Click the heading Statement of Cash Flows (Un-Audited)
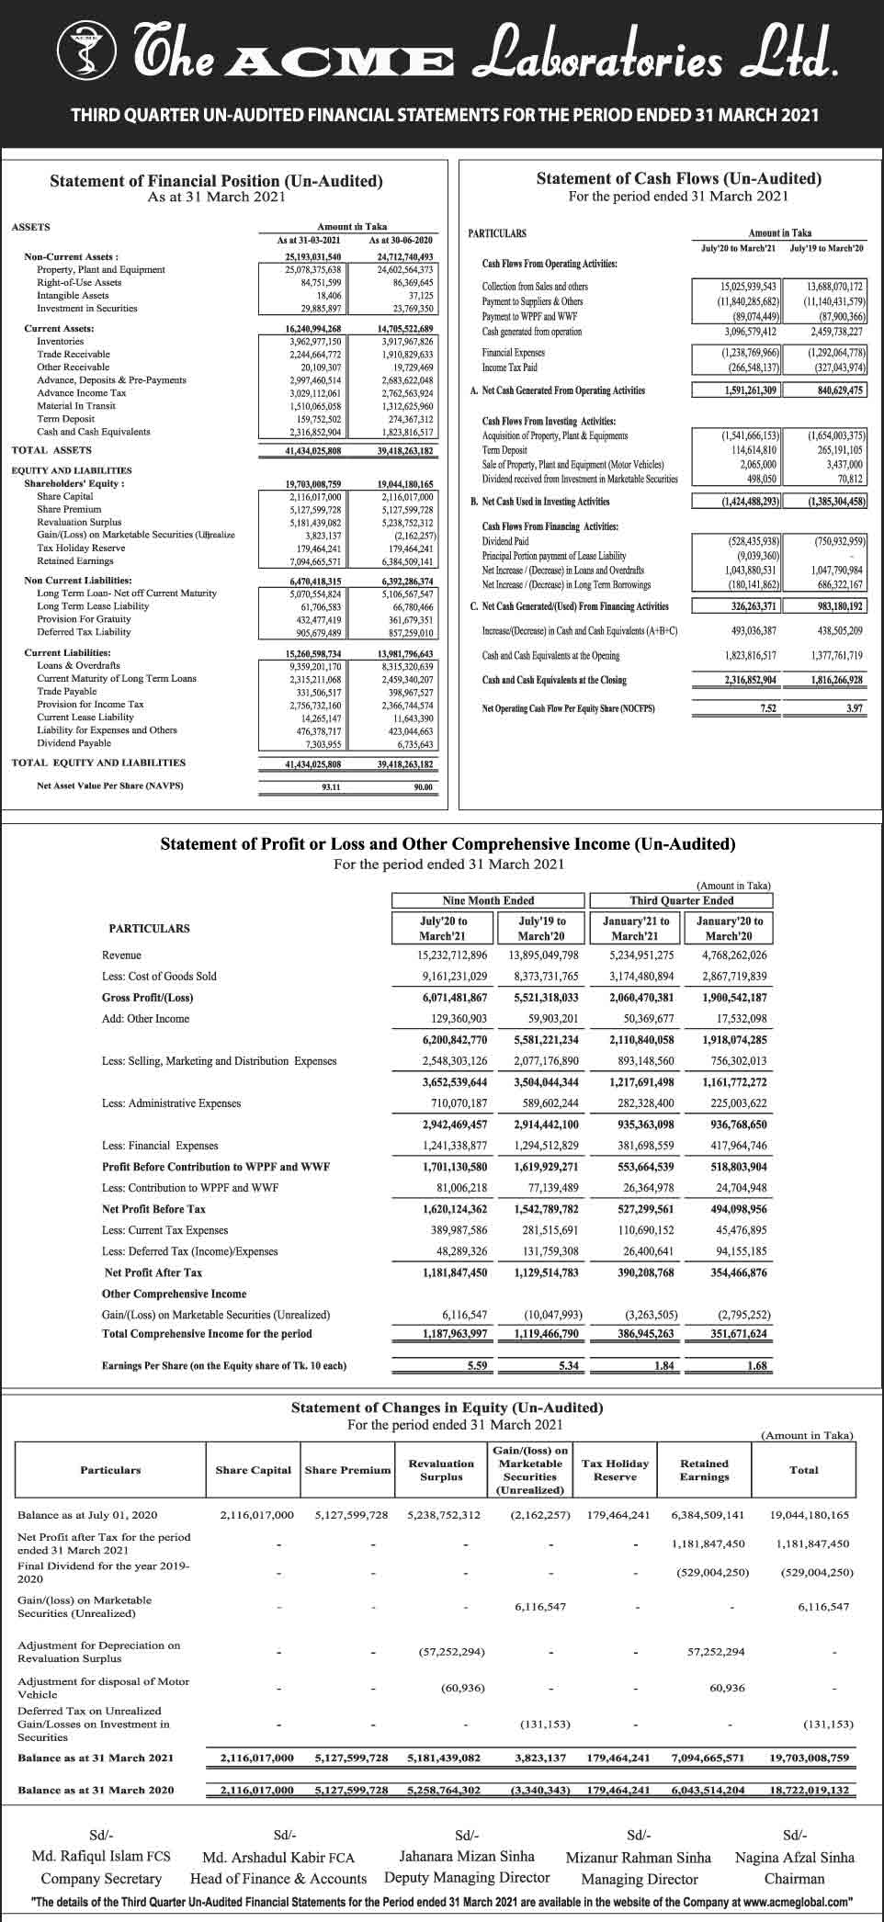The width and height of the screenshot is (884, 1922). (x=678, y=179)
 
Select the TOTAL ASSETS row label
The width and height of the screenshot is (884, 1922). (x=51, y=450)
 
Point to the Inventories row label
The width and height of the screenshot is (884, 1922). (x=61, y=341)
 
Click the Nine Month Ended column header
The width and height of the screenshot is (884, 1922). (x=488, y=900)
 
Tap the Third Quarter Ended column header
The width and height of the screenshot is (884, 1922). (x=681, y=900)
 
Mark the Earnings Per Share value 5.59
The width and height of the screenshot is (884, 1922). (x=476, y=1366)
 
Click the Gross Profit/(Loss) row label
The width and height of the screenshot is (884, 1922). (x=147, y=998)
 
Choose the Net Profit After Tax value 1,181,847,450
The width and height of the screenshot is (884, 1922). (x=455, y=1272)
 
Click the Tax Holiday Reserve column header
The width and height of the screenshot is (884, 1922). (x=615, y=1470)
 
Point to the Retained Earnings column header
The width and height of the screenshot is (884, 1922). (x=704, y=1470)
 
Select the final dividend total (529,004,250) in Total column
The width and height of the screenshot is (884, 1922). (x=816, y=1572)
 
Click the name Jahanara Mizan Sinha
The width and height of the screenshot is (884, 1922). (x=467, y=1856)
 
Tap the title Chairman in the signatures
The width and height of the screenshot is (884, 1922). (x=794, y=1879)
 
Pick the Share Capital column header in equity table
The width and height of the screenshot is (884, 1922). (x=253, y=1470)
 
